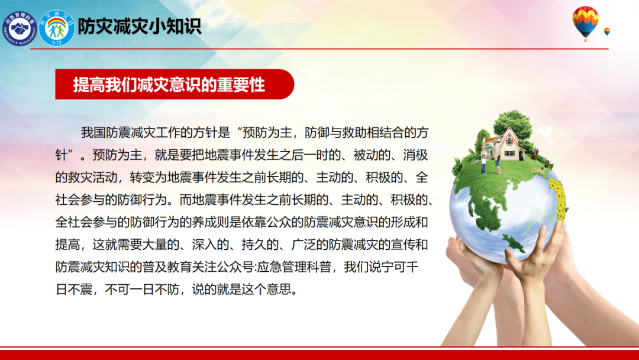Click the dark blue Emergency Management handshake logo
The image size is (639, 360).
coord(19,28)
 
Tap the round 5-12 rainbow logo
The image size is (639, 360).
coord(57,28)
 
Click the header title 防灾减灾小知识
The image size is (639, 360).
coord(140,27)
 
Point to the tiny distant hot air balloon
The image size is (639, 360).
coord(607,32)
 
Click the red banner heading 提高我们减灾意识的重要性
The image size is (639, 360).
coord(169,85)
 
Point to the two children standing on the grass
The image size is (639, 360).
coord(490,164)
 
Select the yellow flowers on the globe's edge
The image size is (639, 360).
coord(557,197)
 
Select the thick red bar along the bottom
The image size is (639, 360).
coord(319,355)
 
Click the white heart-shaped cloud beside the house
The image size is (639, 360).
coord(546,132)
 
